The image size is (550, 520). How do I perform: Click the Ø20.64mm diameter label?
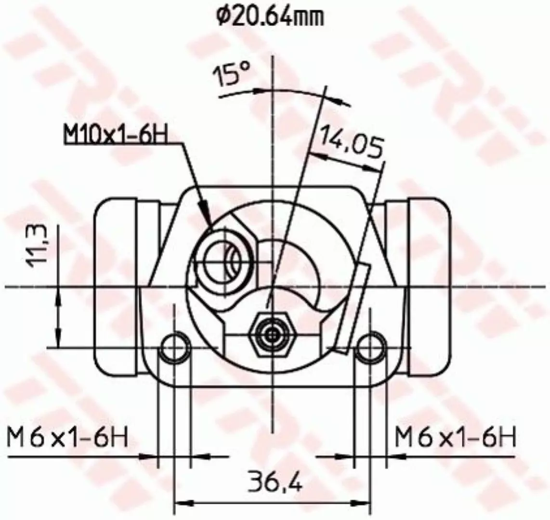[270, 16]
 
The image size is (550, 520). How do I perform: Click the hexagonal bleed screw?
[271, 335]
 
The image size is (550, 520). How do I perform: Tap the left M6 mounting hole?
[175, 347]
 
